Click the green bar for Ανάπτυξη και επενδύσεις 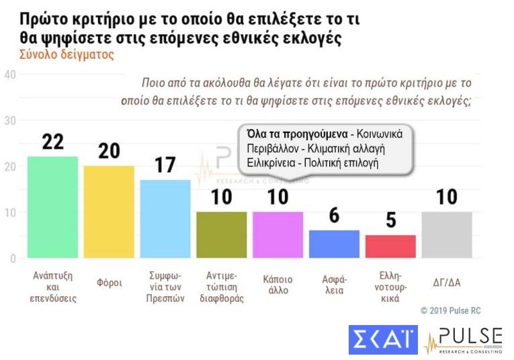(x=52, y=208)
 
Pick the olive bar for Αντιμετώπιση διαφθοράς (x=221, y=235)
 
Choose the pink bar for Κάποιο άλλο (x=277, y=235)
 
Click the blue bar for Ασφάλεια (x=334, y=244)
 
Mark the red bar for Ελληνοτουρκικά (x=390, y=246)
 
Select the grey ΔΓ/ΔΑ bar (x=447, y=235)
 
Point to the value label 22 (x=52, y=142)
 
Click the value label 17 (x=165, y=165)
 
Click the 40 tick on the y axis (x=9, y=75)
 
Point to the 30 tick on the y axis (x=9, y=121)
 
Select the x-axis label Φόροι (x=109, y=282)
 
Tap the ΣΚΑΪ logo (x=383, y=339)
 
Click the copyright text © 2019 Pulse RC (x=451, y=310)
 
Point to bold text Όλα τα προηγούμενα (x=299, y=134)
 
